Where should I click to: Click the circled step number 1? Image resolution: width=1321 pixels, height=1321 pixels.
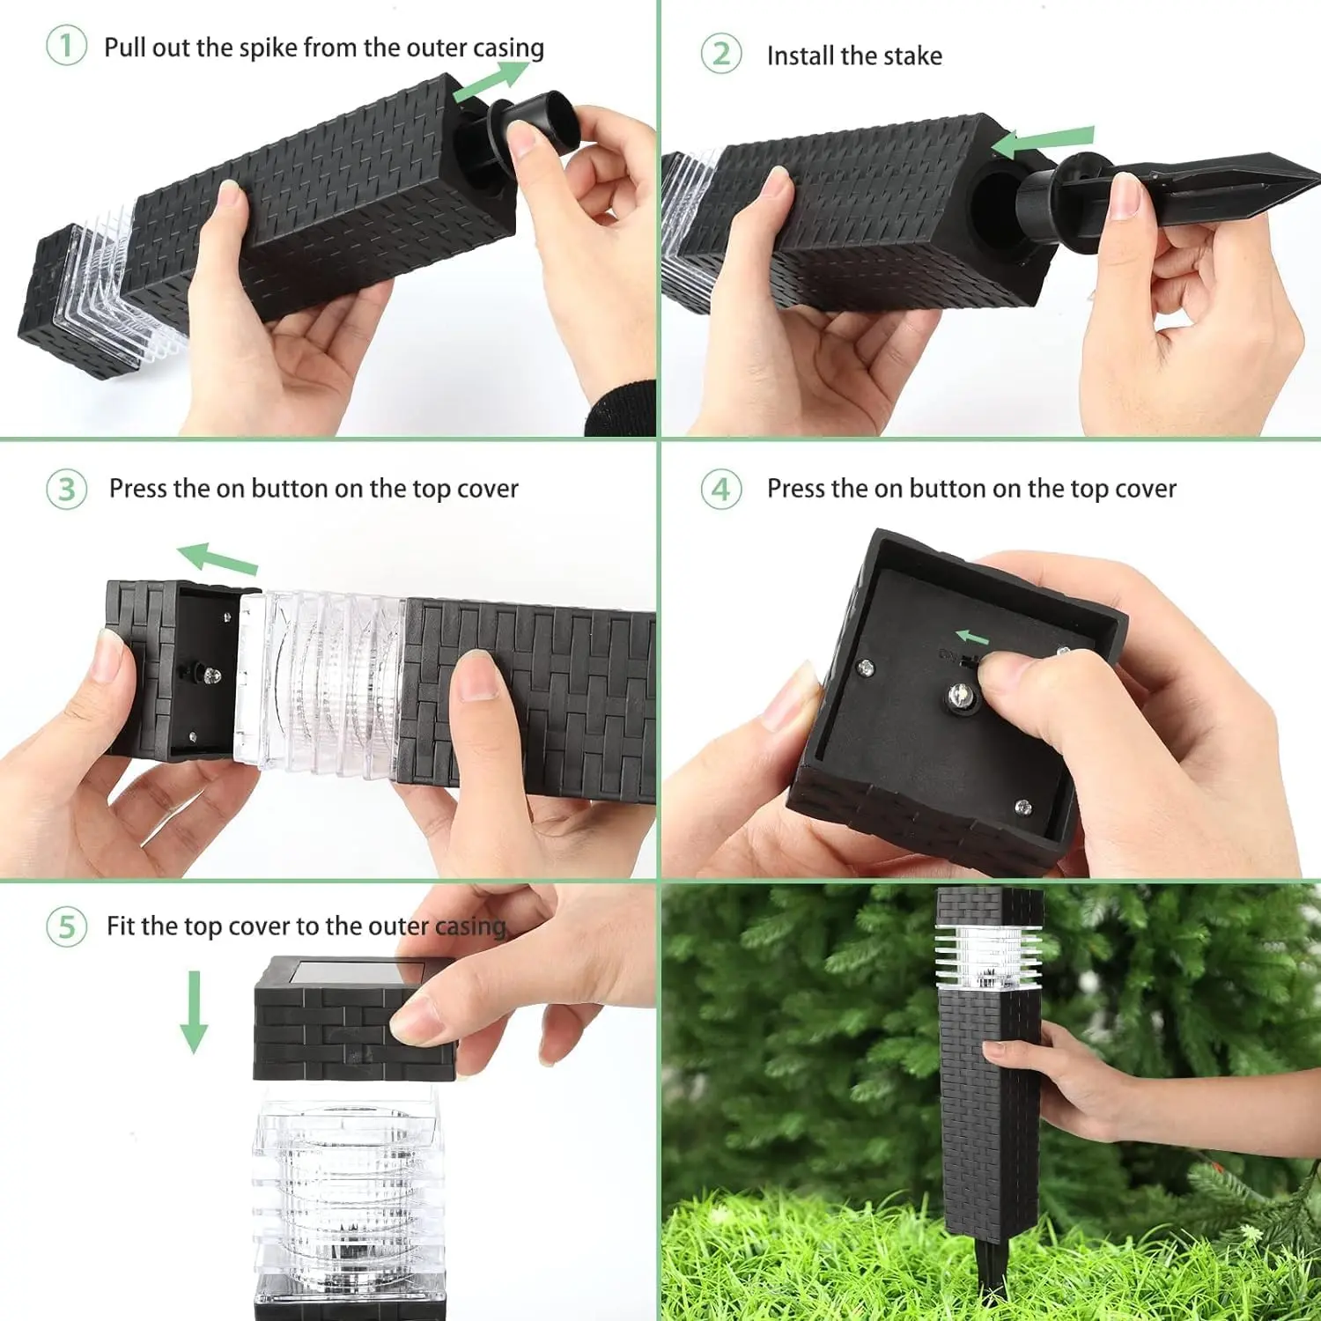pos(66,46)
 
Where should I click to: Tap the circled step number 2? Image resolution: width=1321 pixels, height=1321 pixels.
pos(721,55)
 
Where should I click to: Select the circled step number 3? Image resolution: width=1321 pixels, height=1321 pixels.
pos(66,489)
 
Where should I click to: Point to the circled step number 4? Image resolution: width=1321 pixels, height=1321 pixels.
pos(721,489)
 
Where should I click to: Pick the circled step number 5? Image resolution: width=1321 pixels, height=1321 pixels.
pos(66,926)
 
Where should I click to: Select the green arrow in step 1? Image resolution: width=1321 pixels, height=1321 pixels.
pos(491,80)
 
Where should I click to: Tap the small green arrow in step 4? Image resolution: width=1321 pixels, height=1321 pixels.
pos(972,637)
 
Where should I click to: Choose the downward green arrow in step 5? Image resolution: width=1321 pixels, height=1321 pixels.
pos(194,1012)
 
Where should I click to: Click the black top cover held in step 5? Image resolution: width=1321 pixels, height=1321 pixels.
pos(355,1020)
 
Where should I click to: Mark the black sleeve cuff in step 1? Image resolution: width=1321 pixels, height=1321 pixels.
pos(622,409)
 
